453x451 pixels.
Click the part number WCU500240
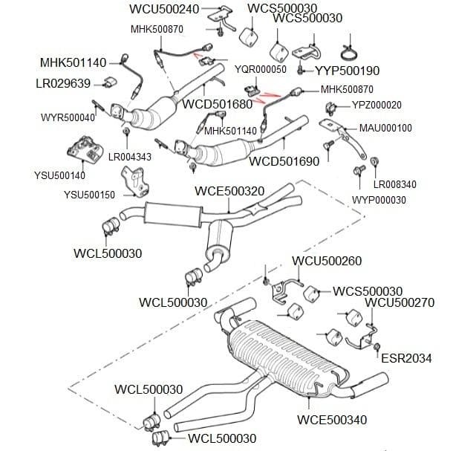[164, 9]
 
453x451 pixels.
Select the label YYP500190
[347, 71]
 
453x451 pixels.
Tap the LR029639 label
[63, 83]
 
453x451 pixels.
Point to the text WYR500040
[68, 117]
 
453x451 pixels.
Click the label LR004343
[130, 157]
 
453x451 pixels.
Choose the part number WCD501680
[218, 104]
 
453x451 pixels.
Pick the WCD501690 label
[284, 161]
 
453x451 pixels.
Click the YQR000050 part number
[261, 69]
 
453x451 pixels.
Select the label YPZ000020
[377, 105]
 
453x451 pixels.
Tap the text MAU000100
[385, 128]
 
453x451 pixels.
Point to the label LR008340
[394, 184]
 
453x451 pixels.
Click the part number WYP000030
[379, 200]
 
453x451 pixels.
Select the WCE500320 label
[229, 191]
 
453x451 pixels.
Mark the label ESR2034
[406, 358]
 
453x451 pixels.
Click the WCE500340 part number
[332, 420]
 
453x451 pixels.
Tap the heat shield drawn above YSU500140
[85, 150]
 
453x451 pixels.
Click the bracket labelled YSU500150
[135, 181]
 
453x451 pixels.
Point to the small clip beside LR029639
[110, 82]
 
